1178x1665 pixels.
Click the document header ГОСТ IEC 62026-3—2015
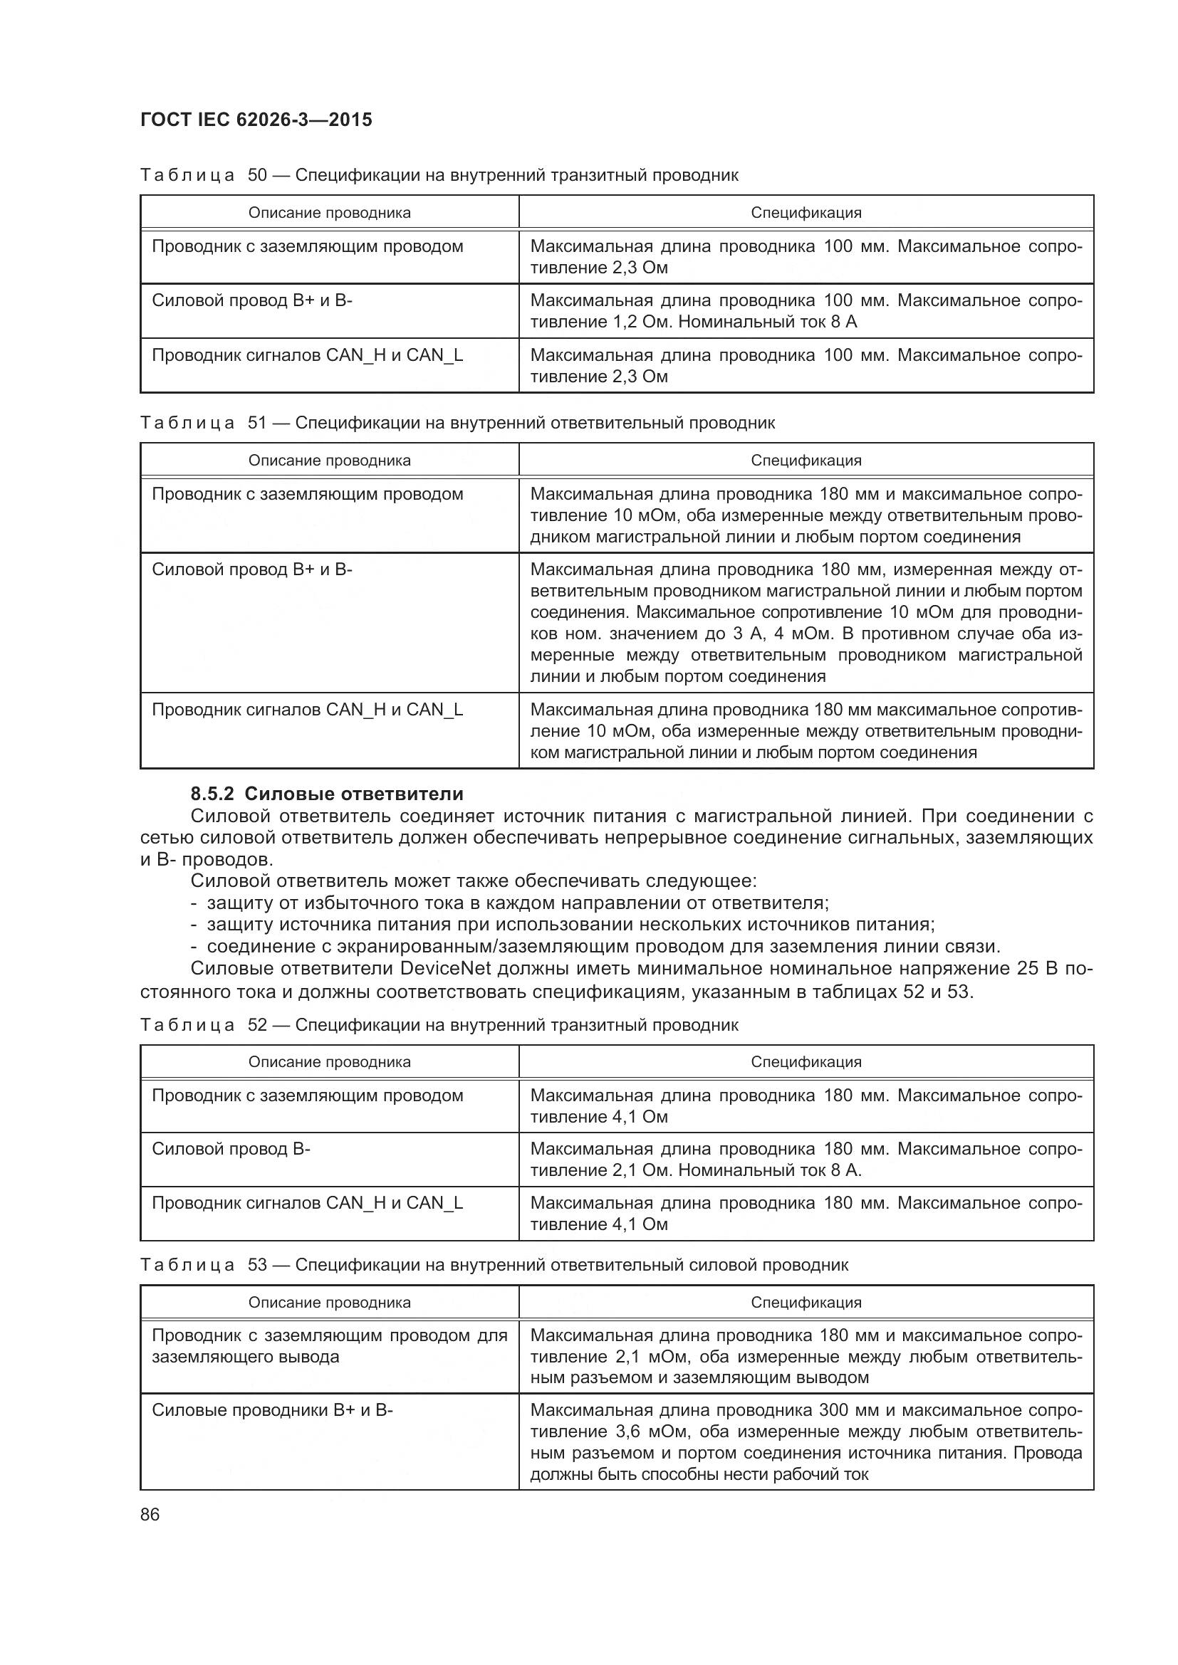256,120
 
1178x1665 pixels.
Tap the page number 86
150,1514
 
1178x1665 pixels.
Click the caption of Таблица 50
439,175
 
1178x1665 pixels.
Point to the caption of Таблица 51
457,423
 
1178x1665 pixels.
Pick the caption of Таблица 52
439,1024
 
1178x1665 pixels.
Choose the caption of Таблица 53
494,1265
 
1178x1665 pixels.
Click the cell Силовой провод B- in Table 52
231,1149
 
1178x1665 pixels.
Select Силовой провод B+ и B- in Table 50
251,300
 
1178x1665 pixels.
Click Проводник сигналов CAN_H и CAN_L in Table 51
307,709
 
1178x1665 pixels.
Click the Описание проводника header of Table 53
329,1302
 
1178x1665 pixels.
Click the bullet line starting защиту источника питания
571,925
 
